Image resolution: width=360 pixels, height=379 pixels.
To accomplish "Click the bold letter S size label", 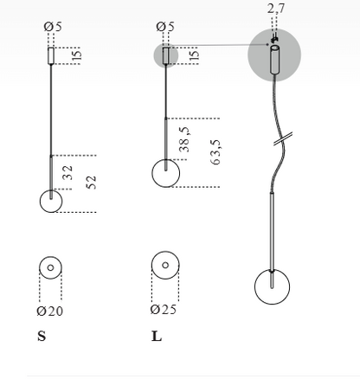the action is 42,336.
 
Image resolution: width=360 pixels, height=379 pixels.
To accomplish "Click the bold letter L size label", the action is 157,336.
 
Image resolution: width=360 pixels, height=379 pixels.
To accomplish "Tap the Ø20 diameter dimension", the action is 50,311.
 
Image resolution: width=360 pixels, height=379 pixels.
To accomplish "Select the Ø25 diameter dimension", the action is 164,309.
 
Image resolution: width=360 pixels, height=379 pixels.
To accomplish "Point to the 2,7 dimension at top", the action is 276,9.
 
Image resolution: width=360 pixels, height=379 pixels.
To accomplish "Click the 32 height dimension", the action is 67,172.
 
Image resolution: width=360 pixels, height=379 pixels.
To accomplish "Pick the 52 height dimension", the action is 91,183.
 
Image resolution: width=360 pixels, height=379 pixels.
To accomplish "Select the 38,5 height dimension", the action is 184,139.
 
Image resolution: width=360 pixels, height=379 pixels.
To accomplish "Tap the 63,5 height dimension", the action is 215,152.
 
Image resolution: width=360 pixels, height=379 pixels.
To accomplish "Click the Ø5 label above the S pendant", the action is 53,27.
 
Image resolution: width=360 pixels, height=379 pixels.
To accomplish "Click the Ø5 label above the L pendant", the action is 165,27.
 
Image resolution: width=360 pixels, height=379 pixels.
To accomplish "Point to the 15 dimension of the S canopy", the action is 77,55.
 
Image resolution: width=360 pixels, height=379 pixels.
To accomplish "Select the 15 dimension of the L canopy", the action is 195,55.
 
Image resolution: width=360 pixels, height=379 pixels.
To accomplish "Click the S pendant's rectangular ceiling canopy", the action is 51,55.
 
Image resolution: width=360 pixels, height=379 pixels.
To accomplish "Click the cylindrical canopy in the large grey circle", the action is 274,60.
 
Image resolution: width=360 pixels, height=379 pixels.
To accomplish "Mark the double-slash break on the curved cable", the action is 283,138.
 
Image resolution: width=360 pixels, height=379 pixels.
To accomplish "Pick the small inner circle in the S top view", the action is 50,267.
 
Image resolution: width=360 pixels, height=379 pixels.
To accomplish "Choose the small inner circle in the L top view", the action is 165,265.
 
